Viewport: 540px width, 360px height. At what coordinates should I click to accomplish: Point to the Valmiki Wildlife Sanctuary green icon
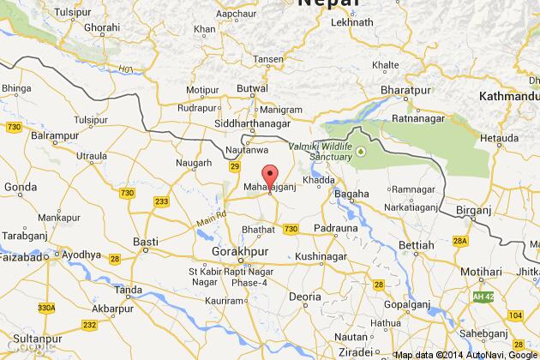pos(361,153)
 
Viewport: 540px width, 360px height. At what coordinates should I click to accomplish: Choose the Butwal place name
pos(252,89)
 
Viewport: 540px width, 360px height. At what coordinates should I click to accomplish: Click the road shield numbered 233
pos(161,202)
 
